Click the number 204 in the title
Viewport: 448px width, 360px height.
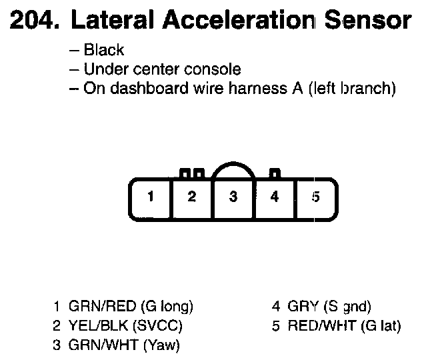(32, 21)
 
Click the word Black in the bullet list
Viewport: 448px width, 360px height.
(104, 51)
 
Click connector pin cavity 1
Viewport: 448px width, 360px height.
(151, 197)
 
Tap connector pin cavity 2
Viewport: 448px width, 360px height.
(192, 197)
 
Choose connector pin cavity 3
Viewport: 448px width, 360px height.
(233, 197)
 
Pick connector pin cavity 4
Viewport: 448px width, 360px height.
(274, 197)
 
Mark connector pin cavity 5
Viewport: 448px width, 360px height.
(316, 197)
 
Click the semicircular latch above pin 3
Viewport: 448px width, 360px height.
(233, 170)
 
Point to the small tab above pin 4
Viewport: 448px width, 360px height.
(273, 174)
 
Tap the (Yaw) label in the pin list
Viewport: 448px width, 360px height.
(163, 345)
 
